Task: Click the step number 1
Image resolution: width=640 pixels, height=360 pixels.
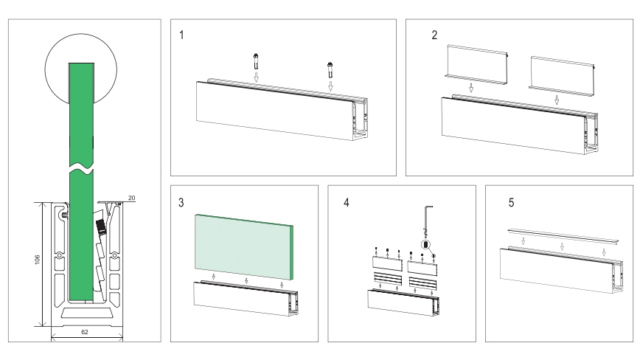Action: click(181, 35)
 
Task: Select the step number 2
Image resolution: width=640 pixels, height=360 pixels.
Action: click(434, 35)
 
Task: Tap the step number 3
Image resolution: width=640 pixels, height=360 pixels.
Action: click(181, 202)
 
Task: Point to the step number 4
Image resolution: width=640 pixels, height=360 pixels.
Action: click(347, 202)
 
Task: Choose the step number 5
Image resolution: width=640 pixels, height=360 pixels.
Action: click(511, 202)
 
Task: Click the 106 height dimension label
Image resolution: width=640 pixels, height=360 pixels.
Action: click(37, 260)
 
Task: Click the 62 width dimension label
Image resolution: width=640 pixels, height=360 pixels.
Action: click(85, 332)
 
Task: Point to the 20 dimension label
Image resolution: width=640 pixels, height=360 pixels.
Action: click(131, 198)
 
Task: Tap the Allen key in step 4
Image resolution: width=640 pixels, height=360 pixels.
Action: click(428, 221)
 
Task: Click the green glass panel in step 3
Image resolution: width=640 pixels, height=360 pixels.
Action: click(243, 247)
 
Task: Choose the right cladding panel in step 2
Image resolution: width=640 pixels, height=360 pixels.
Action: click(562, 77)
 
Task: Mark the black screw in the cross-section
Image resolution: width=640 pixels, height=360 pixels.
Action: click(101, 226)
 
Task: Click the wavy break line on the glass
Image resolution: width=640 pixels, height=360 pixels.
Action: click(81, 167)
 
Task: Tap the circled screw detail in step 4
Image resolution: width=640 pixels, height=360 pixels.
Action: click(426, 244)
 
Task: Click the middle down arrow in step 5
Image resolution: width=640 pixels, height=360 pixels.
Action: click(562, 246)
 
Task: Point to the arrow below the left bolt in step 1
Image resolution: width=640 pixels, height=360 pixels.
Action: click(256, 77)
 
